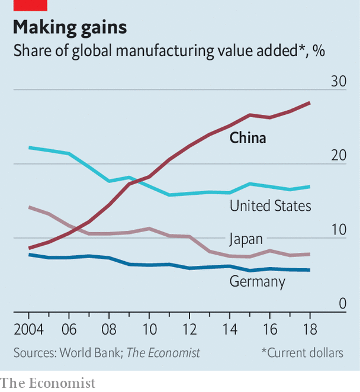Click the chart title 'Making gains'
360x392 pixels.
[x=69, y=28]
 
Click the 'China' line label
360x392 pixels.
[x=247, y=138]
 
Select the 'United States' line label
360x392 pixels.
[x=270, y=205]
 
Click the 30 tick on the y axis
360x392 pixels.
[x=337, y=81]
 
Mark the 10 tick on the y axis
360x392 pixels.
[x=337, y=229]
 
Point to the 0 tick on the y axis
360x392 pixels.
[x=342, y=303]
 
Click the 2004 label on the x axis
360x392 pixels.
[x=29, y=329]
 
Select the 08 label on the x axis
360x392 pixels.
[x=108, y=329]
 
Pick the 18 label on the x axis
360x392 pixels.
[x=308, y=329]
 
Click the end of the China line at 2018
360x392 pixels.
[x=309, y=103]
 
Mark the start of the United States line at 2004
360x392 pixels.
[x=29, y=147]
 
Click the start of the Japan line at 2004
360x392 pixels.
[x=29, y=207]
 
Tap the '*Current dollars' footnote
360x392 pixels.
[x=302, y=353]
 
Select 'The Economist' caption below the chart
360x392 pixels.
[x=47, y=383]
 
